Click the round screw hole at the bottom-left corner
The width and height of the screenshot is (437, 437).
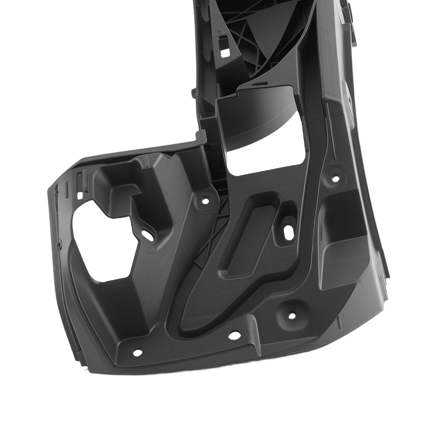click(137, 352)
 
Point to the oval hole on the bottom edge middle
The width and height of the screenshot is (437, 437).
click(235, 335)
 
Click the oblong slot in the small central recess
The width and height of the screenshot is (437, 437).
click(289, 233)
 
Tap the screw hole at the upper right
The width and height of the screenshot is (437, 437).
click(335, 178)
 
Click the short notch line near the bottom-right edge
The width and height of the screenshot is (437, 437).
click(339, 323)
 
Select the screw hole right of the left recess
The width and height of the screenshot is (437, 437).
click(205, 201)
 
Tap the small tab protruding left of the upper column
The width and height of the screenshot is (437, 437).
click(193, 93)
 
